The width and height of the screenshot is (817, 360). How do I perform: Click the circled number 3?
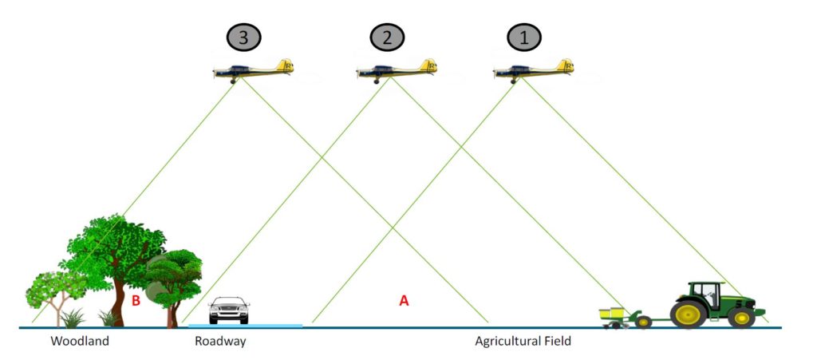[x=243, y=38]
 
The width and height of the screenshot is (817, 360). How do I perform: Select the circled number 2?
[x=387, y=38]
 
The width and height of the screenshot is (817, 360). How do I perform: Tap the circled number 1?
[x=524, y=38]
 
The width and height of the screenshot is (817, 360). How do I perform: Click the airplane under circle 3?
[x=254, y=71]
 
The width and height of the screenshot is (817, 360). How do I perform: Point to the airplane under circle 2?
[x=397, y=71]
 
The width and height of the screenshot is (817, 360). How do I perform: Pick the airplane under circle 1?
[x=534, y=71]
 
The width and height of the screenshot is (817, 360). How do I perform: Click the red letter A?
[x=404, y=301]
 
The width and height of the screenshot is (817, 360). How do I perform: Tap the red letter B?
[x=136, y=301]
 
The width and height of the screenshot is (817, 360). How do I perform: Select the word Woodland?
[x=80, y=342]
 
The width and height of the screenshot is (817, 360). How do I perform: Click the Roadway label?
[x=220, y=342]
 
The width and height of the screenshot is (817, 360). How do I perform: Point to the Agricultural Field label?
[x=523, y=342]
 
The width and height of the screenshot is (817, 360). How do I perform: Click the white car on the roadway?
[x=229, y=310]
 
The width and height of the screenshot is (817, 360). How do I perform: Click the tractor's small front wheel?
[x=741, y=317]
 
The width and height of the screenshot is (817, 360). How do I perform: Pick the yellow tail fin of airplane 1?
[x=566, y=65]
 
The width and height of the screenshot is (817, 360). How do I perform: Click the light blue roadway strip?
[x=245, y=326]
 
